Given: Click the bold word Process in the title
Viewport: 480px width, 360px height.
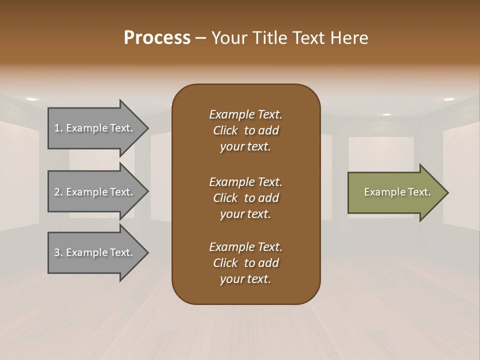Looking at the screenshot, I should click(157, 38).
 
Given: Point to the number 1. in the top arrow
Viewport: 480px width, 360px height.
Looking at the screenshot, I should click(58, 128).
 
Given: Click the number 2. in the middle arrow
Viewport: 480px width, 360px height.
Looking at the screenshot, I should click(58, 192).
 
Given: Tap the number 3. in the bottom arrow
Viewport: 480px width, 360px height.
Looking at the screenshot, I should click(58, 252).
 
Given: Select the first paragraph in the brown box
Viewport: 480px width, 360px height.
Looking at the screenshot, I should click(245, 130).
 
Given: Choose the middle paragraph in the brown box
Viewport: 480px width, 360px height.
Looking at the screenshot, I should click(245, 198).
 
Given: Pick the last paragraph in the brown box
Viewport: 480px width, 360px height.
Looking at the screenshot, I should click(245, 263).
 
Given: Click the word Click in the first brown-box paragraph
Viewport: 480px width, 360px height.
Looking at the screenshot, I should click(225, 130).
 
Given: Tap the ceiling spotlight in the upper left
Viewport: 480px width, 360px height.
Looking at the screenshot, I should click(31, 99).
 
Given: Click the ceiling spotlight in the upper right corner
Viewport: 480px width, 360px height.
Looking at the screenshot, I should click(448, 99).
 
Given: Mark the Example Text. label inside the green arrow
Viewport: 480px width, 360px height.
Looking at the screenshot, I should click(397, 192).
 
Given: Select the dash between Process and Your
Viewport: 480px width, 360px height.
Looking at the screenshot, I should click(200, 38).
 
